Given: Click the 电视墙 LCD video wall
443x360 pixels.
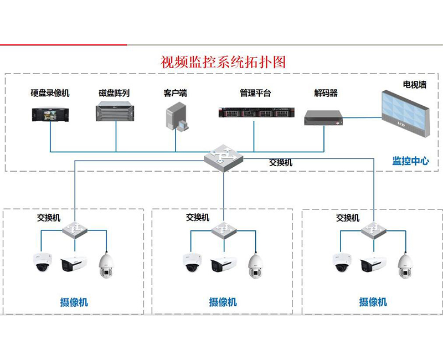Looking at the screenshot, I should click(404, 111).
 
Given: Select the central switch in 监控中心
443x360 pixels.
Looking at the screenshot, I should click(223, 158).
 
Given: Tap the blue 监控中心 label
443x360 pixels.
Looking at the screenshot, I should click(410, 161).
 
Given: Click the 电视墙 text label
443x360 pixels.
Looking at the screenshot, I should click(414, 85).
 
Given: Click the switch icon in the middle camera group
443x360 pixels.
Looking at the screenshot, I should click(224, 230).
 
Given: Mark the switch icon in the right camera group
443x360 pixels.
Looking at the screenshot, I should click(374, 230).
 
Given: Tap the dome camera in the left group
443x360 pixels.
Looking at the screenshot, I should click(42, 262).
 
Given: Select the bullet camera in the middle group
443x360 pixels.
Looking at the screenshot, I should click(223, 264).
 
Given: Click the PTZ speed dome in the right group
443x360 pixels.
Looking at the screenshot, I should click(405, 265).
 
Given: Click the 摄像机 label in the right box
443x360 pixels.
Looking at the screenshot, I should click(373, 302).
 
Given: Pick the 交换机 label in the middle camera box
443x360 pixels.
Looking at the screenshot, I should click(198, 218).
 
